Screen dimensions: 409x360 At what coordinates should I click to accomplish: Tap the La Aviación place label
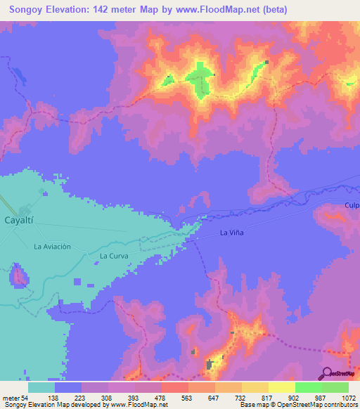(53, 247)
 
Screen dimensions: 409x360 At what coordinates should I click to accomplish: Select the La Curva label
(113, 256)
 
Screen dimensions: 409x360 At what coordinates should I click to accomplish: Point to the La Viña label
(232, 233)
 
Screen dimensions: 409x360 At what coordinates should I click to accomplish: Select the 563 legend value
(188, 397)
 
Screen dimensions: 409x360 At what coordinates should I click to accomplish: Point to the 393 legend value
(134, 397)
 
